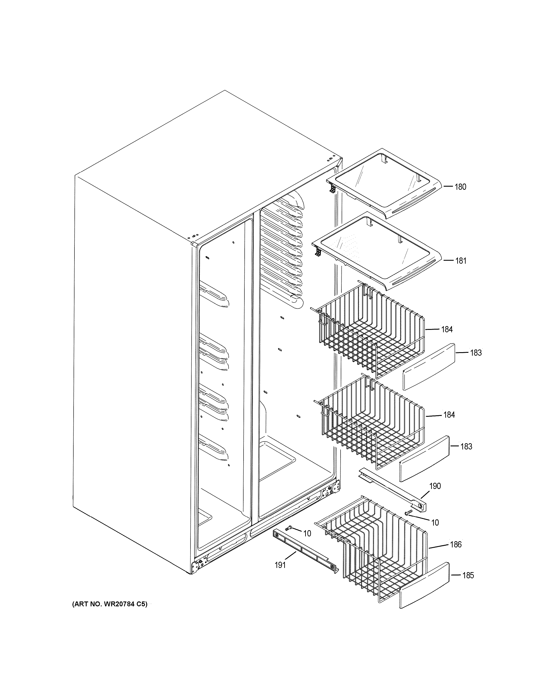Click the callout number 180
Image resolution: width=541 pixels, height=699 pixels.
point(460,187)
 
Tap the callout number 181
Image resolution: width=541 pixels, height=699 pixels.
point(461,261)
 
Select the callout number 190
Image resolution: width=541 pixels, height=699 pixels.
point(435,486)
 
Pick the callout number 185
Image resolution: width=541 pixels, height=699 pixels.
point(468,575)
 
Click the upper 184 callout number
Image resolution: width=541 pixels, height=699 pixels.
point(447,329)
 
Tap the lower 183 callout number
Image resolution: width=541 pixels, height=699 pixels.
point(466,447)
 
